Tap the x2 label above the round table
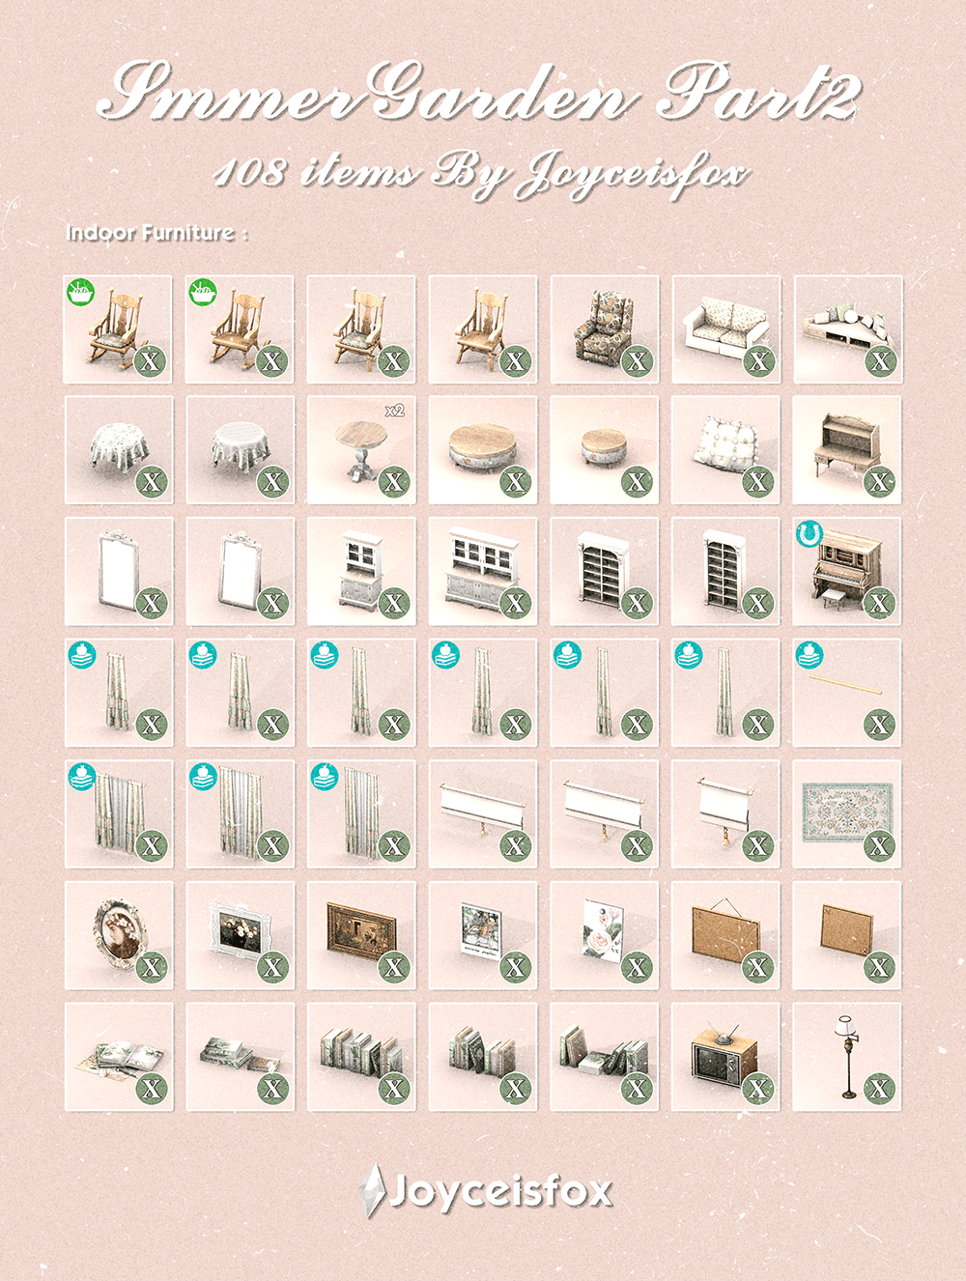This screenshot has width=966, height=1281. (395, 411)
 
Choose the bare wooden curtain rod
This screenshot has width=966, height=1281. (845, 685)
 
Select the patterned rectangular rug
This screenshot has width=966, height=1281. (847, 812)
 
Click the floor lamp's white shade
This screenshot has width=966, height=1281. (845, 1024)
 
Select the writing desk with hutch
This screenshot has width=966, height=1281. (846, 448)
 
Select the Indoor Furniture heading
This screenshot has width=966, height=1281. (157, 234)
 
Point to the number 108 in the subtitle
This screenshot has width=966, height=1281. (249, 175)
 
